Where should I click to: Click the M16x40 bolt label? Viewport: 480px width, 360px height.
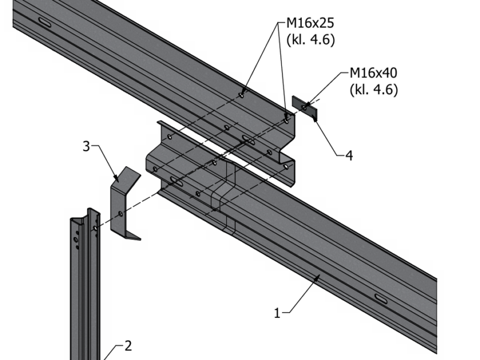[x=373, y=74]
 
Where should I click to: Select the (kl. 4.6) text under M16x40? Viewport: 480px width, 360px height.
[x=373, y=89]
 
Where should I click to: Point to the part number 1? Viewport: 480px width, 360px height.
[x=277, y=313]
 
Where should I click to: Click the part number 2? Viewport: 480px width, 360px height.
[x=127, y=346]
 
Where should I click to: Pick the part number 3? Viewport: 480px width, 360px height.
[x=86, y=146]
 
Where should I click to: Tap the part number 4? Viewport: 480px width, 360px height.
[x=349, y=156]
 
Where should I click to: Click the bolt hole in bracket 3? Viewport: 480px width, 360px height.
[x=121, y=214]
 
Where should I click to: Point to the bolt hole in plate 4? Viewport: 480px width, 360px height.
[x=304, y=107]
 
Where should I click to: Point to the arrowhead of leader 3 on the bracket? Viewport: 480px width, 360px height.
[x=118, y=179]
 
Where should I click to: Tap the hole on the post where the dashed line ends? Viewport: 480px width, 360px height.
[x=94, y=229]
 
